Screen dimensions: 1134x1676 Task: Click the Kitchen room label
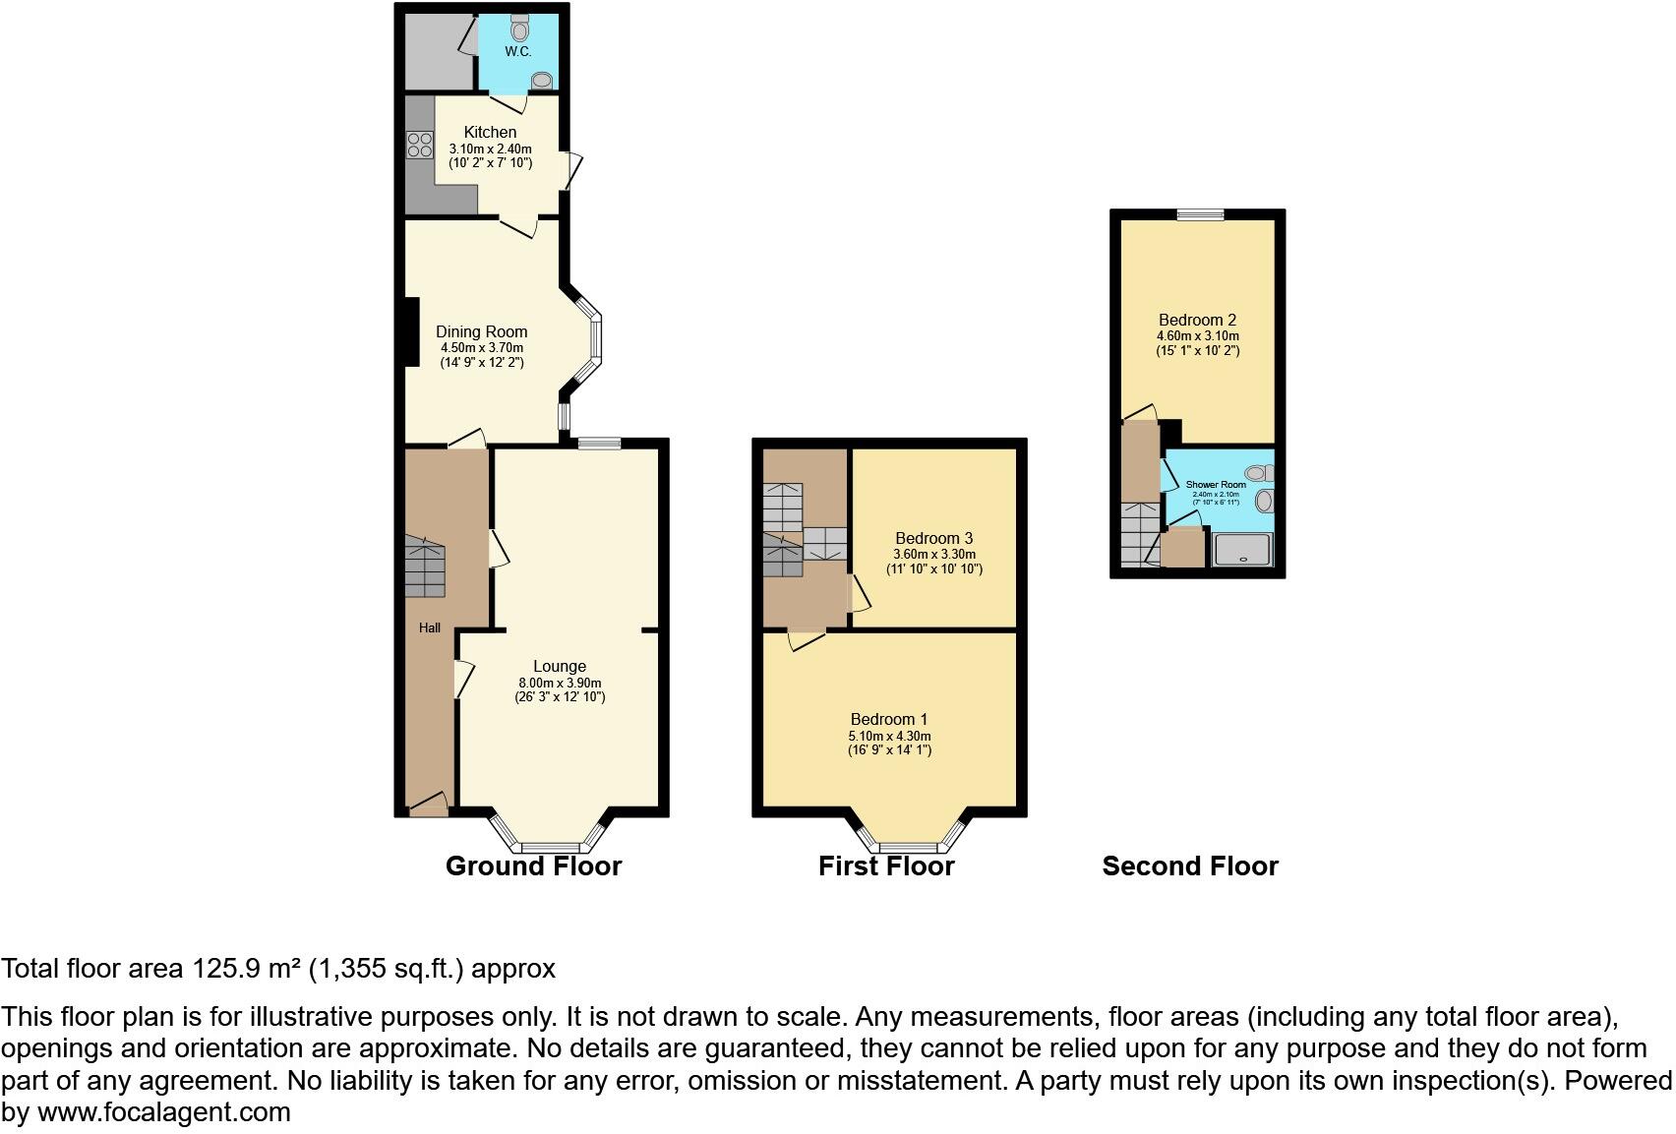coord(490,132)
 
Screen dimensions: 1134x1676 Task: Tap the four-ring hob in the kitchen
coord(420,146)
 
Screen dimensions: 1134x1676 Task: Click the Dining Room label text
coord(481,332)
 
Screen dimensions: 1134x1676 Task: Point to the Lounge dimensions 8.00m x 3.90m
coord(560,683)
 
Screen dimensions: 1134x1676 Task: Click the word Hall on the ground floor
coord(430,627)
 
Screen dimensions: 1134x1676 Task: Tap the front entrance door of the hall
coord(428,808)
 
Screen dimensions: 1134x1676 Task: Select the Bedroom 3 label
coord(933,538)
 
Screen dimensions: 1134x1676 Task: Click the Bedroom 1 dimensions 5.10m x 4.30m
coord(889,736)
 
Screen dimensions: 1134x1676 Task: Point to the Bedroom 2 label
coord(1197,320)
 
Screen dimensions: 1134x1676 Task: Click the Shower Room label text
coord(1216,485)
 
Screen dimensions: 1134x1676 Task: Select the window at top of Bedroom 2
coord(1201,214)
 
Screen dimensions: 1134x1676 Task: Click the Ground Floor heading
coord(533,865)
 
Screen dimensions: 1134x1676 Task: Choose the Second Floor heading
coord(1189,865)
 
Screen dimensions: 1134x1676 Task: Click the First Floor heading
coord(886,865)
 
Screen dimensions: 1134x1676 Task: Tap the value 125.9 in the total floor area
coord(224,969)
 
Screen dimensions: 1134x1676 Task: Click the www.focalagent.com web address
coord(163,1112)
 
